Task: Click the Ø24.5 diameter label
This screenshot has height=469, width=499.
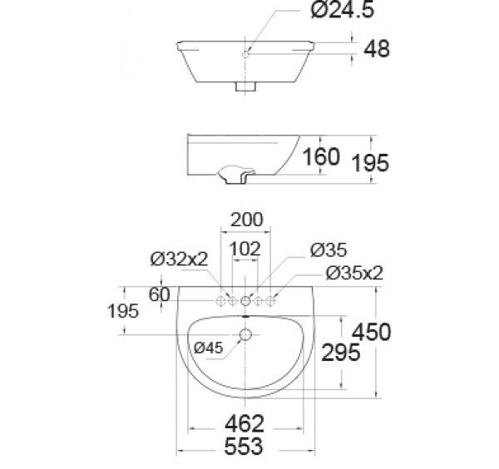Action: [342, 10]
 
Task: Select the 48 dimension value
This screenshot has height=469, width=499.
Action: [377, 49]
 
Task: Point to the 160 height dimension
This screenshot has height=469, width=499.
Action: [321, 157]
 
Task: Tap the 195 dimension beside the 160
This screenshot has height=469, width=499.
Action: [370, 163]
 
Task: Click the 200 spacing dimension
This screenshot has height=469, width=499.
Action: [247, 220]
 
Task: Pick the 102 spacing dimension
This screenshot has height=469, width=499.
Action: [245, 249]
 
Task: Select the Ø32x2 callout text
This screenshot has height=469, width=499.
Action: [179, 259]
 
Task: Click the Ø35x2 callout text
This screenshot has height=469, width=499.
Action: [354, 273]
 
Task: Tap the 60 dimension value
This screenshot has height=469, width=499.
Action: [159, 294]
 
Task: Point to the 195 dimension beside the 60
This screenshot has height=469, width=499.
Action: [123, 311]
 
